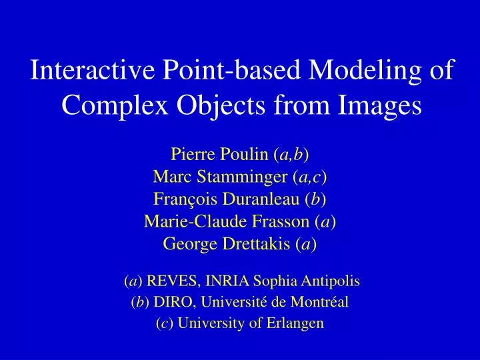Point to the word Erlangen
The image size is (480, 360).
tap(297, 324)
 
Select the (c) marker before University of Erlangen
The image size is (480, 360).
tap(163, 324)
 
